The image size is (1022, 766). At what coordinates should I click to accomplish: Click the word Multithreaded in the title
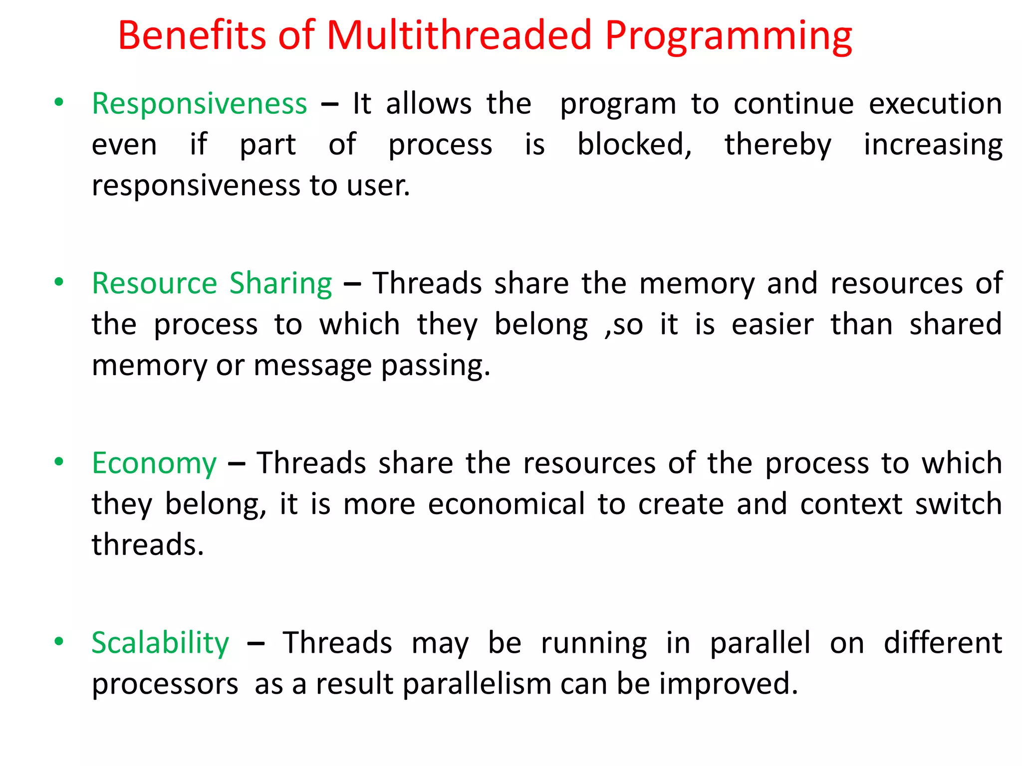(459, 36)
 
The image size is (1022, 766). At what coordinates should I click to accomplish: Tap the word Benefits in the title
(192, 36)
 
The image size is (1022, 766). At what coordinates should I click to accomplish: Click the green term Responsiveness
(200, 105)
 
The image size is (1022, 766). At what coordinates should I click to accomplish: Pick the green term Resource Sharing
(212, 284)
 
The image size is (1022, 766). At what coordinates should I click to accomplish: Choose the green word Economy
(154, 464)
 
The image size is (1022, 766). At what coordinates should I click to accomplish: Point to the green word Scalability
(160, 643)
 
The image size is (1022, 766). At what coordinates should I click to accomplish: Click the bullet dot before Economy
(59, 462)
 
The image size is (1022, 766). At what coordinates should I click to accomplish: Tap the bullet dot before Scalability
(59, 641)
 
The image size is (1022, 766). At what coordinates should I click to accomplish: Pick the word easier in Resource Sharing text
(772, 325)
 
